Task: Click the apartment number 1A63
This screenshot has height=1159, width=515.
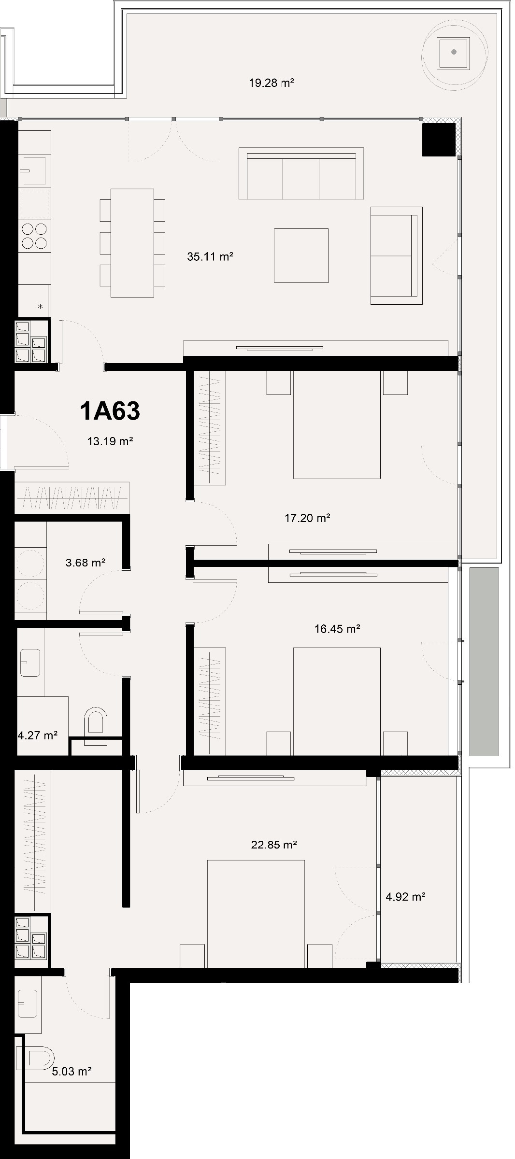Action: tap(110, 411)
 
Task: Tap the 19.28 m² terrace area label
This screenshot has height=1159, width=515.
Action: tap(272, 83)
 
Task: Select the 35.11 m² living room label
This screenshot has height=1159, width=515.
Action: tap(210, 256)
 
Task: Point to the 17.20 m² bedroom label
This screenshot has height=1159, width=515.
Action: tap(307, 518)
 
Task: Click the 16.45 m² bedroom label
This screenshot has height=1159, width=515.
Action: tap(337, 629)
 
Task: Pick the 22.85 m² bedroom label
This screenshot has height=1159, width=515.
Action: tap(274, 845)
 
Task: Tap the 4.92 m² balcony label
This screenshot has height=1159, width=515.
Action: tap(405, 897)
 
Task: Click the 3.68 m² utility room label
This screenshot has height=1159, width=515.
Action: tap(86, 563)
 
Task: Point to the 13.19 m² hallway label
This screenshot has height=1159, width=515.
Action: tap(110, 441)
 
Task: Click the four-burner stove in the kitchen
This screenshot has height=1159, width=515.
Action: tap(34, 236)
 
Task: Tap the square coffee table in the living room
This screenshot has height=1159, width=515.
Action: tap(301, 255)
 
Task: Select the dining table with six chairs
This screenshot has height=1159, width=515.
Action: tap(132, 243)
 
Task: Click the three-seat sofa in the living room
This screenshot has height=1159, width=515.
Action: tap(301, 174)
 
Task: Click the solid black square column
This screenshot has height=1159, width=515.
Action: tap(439, 140)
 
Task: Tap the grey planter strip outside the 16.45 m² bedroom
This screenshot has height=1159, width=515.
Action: tap(484, 662)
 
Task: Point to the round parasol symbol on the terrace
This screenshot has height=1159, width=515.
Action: tap(454, 53)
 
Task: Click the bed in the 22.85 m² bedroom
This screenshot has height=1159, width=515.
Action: tap(256, 913)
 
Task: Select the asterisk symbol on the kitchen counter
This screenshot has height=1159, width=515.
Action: tap(40, 306)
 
